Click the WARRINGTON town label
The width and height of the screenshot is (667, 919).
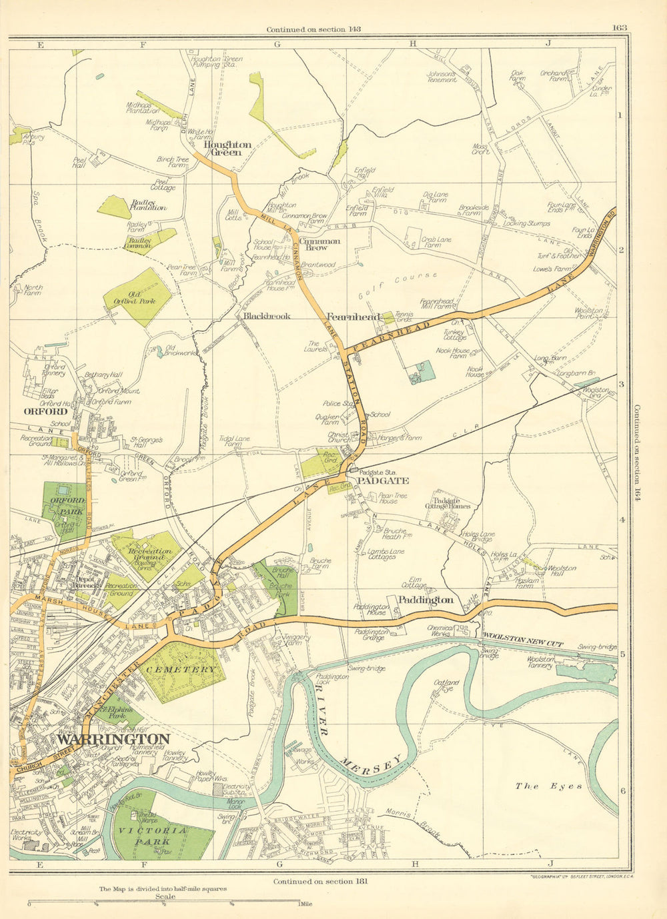coord(113,739)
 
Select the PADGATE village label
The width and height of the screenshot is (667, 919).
coord(373,480)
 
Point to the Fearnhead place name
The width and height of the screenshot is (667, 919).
coord(353,317)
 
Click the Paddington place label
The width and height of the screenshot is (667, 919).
coord(426,600)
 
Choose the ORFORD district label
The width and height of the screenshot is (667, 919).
coord(45,411)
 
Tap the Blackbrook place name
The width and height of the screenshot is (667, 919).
coord(267,316)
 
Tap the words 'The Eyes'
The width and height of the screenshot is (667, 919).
coord(549,786)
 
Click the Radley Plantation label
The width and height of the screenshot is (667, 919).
coord(148,205)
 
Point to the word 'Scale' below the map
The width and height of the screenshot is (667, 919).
coord(165,896)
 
